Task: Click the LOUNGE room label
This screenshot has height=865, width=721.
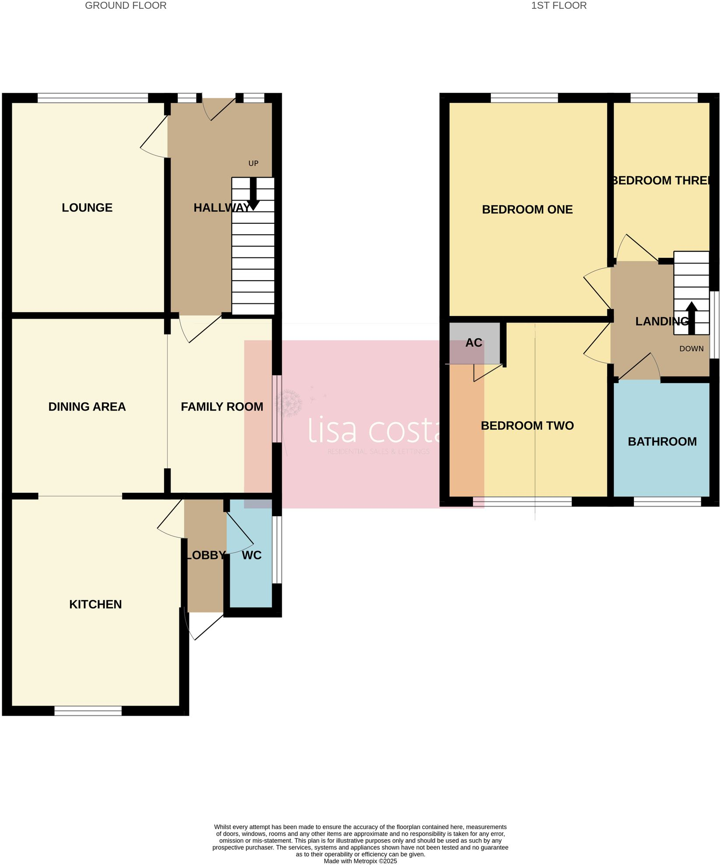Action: pyautogui.click(x=87, y=207)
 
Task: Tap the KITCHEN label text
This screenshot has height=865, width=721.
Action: pyautogui.click(x=95, y=604)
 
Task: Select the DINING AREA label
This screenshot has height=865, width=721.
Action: pyautogui.click(x=87, y=407)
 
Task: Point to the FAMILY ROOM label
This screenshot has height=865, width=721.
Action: pyautogui.click(x=222, y=407)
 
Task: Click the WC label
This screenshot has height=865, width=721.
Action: pyautogui.click(x=252, y=555)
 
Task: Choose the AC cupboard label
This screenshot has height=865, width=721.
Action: pyautogui.click(x=474, y=343)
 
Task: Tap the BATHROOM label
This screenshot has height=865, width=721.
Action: pyautogui.click(x=662, y=441)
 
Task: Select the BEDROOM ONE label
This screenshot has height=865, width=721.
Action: pyautogui.click(x=527, y=209)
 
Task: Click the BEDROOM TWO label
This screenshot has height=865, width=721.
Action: pyautogui.click(x=527, y=425)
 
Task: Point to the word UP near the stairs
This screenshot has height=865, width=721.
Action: pyautogui.click(x=253, y=163)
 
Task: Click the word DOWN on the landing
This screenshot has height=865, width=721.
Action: pyautogui.click(x=691, y=348)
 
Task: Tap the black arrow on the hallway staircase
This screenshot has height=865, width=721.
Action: pyautogui.click(x=253, y=194)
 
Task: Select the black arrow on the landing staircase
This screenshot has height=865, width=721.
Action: pyautogui.click(x=691, y=317)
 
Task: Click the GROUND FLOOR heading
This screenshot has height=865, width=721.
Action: pyautogui.click(x=126, y=6)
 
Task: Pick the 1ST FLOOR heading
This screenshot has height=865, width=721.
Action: pyautogui.click(x=559, y=6)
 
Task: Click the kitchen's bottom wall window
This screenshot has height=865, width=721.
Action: pyautogui.click(x=88, y=710)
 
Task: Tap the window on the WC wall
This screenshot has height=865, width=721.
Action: pyautogui.click(x=277, y=550)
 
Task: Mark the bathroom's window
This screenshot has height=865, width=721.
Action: pyautogui.click(x=667, y=502)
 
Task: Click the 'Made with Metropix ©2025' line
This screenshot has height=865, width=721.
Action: pyautogui.click(x=360, y=861)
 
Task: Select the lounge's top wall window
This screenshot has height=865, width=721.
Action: pyautogui.click(x=93, y=98)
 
